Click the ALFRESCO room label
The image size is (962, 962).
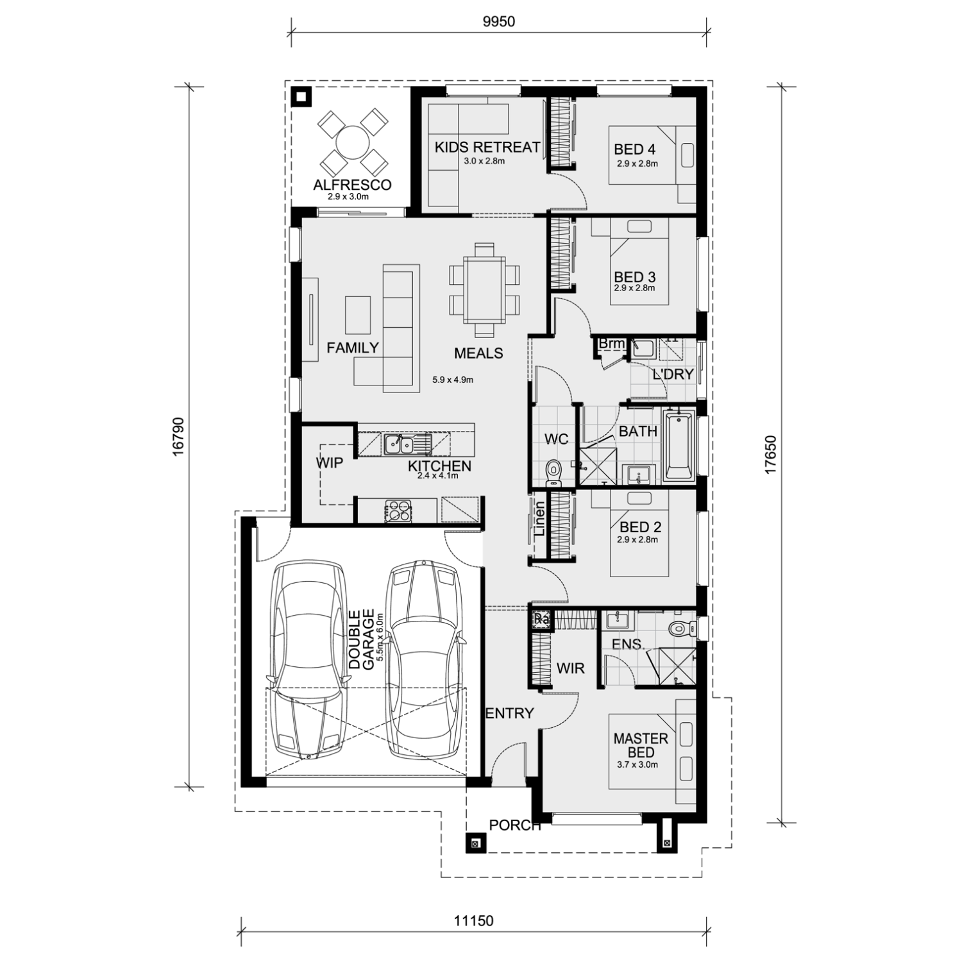click(x=352, y=185)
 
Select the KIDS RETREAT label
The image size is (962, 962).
click(x=487, y=148)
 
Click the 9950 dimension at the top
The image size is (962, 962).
click(x=498, y=22)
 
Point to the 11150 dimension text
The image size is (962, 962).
click(x=474, y=922)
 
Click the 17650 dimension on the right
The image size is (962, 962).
click(x=771, y=455)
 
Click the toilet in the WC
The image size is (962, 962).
click(x=553, y=471)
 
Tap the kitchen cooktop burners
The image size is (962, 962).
click(x=398, y=511)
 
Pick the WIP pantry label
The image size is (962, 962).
click(x=329, y=462)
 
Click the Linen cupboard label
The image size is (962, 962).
click(x=539, y=519)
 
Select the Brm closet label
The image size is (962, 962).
click(x=611, y=344)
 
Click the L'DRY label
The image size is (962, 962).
click(x=673, y=374)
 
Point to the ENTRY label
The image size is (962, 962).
click(x=510, y=713)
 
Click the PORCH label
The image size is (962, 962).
click(x=515, y=825)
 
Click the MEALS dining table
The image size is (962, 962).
click(x=484, y=289)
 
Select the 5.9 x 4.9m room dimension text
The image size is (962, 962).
click(x=453, y=380)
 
